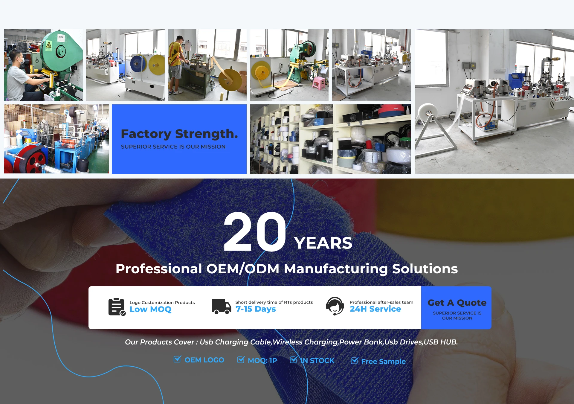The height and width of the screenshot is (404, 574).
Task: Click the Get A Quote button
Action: pos(456,308)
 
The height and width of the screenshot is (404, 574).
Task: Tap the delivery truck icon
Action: pos(221,307)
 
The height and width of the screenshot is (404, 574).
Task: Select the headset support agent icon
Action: pos(335,306)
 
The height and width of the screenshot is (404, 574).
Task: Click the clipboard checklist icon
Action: pos(117,307)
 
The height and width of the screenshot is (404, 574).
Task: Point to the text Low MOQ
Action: pos(150,309)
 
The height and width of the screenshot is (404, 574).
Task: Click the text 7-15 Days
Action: pos(256,309)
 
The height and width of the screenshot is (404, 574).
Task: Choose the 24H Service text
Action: pos(375,309)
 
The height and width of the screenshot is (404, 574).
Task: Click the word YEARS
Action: pos(323,243)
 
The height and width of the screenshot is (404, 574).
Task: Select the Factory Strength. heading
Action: pos(179,134)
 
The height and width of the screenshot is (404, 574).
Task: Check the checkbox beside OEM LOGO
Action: pos(177,359)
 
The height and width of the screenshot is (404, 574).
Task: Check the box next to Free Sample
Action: pos(354,361)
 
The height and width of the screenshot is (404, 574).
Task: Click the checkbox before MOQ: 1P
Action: pos(241,359)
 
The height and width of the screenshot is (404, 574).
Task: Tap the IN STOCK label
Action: pos(317,361)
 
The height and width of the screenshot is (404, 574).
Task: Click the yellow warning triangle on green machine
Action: pos(49,45)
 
